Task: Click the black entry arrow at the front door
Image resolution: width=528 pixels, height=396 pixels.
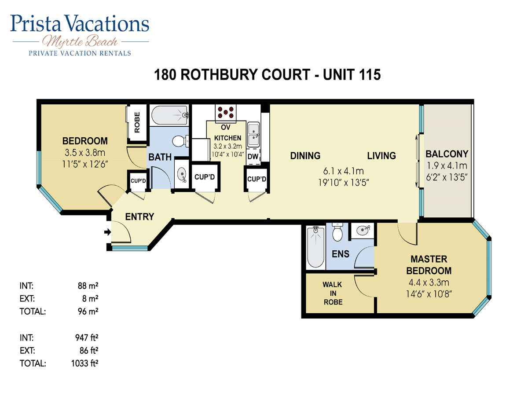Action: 107,232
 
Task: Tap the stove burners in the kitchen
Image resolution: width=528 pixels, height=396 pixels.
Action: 225,112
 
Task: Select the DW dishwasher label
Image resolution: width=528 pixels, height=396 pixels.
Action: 253,157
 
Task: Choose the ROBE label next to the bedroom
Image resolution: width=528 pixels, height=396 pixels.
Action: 137,122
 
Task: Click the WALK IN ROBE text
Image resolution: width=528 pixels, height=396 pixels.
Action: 333,293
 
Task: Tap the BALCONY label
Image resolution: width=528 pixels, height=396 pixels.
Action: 447,154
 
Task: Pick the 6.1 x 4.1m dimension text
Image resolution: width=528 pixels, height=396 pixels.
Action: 343,171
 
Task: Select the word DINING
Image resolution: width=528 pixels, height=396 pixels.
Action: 305,156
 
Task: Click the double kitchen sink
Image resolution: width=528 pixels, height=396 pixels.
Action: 253,134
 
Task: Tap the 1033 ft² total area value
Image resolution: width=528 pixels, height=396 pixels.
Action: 84,363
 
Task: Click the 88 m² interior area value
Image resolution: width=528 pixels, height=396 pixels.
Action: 88,286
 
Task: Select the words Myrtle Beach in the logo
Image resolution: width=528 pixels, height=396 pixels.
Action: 80,42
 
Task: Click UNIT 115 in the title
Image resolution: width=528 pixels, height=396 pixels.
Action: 352,74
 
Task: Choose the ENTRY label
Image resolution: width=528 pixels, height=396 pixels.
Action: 139,217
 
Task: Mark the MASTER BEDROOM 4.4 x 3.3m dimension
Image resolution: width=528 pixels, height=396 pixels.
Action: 429,282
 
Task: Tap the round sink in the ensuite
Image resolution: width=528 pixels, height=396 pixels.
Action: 362,231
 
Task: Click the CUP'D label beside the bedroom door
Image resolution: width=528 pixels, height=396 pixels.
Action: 138,180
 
